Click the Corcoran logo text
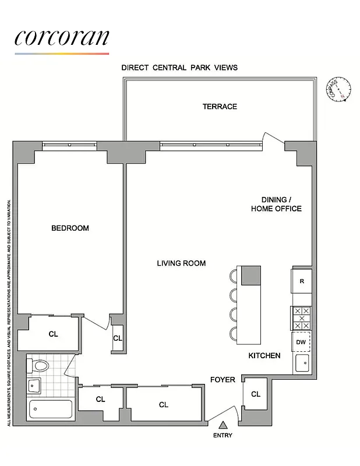62,37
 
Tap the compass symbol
339,89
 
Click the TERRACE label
220,107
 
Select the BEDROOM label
70,228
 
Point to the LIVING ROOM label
181,263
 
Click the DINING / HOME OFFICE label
276,204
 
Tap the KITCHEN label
264,355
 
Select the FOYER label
223,380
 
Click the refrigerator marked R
302,281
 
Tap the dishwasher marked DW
301,343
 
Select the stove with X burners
302,318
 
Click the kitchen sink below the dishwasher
302,363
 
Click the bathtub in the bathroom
51,409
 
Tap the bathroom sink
33,386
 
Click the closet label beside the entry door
255,394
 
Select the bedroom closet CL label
53,334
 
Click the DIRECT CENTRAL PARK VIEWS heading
179,68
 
